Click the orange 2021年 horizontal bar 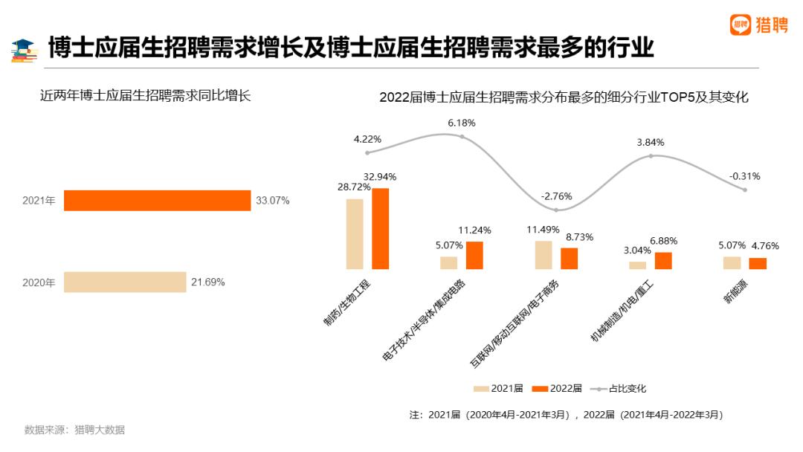[x=157, y=201]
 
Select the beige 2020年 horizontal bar [x=125, y=282]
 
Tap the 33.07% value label [x=273, y=201]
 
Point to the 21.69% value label [x=208, y=282]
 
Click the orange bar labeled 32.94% [x=381, y=228]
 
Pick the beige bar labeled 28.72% [x=355, y=233]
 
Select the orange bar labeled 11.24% [x=474, y=255]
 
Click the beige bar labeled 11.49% [x=544, y=254]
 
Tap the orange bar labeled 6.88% [x=663, y=260]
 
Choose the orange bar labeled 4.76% [x=758, y=263]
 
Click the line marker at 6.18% [x=462, y=137]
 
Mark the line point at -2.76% [x=556, y=210]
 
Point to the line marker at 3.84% [x=651, y=155]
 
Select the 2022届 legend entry [x=549, y=389]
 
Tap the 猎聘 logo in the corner [x=758, y=25]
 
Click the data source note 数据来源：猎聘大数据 [x=74, y=430]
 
